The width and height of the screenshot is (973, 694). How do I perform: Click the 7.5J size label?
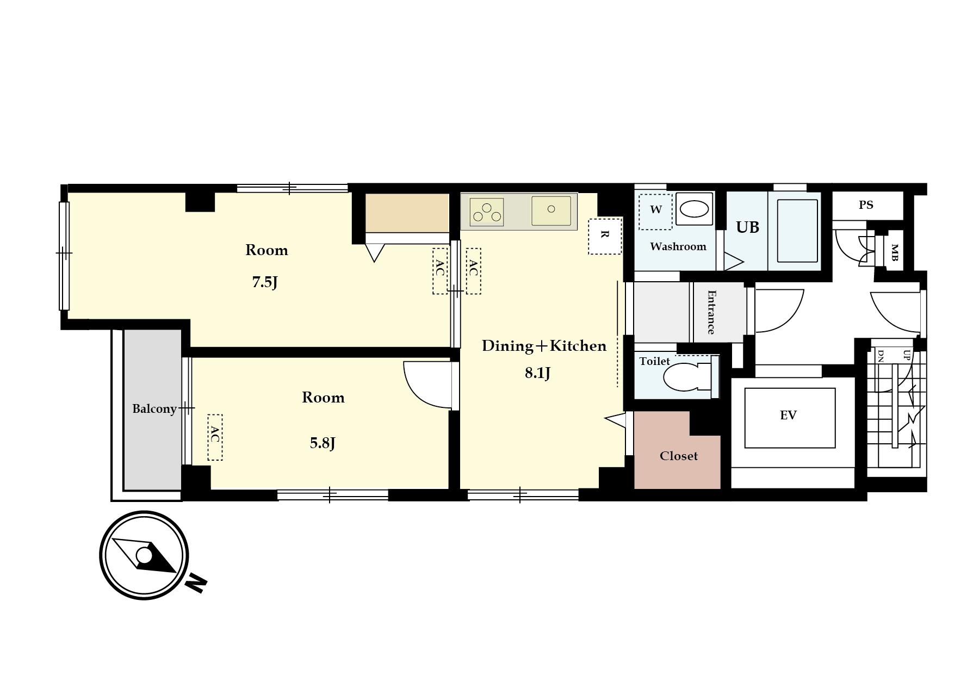click(265, 282)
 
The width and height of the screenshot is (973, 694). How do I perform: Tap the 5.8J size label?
click(323, 443)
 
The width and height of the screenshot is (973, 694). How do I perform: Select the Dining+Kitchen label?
click(544, 346)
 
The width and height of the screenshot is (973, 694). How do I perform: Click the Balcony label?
click(154, 408)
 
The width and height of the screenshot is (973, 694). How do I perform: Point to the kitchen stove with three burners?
click(487, 212)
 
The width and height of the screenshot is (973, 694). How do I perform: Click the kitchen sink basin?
click(551, 210)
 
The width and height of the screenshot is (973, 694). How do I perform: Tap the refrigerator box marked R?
click(604, 236)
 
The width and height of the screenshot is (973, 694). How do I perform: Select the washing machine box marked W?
click(655, 212)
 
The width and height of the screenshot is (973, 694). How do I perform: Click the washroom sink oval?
click(695, 209)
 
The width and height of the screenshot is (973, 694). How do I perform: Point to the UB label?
click(747, 227)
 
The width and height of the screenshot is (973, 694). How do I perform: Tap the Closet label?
click(678, 456)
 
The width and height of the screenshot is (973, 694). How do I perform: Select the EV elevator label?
click(788, 416)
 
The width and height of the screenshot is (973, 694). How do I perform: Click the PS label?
click(866, 205)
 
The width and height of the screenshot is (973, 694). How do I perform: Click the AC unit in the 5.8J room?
click(215, 437)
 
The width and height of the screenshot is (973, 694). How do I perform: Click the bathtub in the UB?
click(797, 231)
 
